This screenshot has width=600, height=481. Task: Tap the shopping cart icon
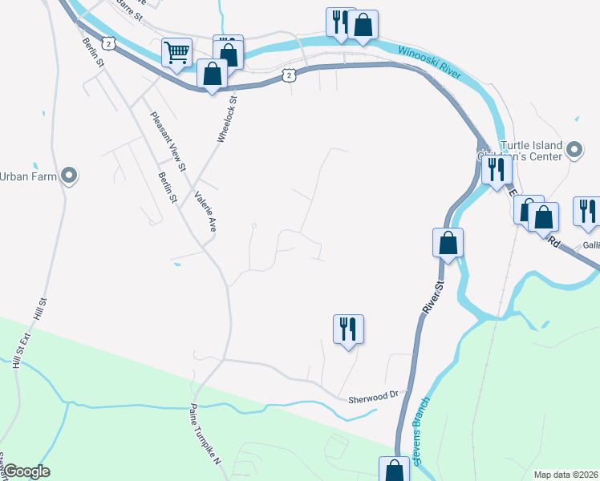pos(176,54)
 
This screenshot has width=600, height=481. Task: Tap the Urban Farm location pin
pos(68,175)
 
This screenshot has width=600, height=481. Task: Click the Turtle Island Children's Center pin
pos(574,150)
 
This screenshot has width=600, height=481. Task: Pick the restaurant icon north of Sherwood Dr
pos(348,329)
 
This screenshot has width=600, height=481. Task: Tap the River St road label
pos(432,297)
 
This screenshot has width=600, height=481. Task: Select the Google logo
pos(26,471)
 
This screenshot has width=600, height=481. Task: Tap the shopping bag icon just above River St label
pos(448,241)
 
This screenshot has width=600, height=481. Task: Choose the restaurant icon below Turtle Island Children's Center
pos(497,170)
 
